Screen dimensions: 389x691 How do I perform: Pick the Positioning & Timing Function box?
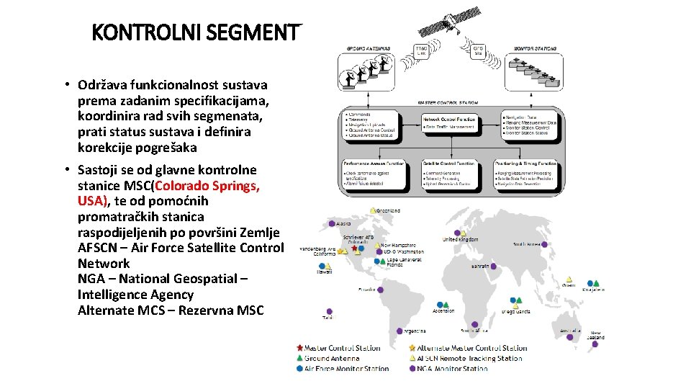pyautogui.click(x=526, y=174)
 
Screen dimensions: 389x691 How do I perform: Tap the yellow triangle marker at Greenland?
pyautogui.click(x=373, y=210)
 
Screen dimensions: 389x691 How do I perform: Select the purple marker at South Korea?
pyautogui.click(x=545, y=245)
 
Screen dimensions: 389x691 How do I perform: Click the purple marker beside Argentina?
pyautogui.click(x=399, y=331)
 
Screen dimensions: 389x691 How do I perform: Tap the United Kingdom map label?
pyautogui.click(x=460, y=239)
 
